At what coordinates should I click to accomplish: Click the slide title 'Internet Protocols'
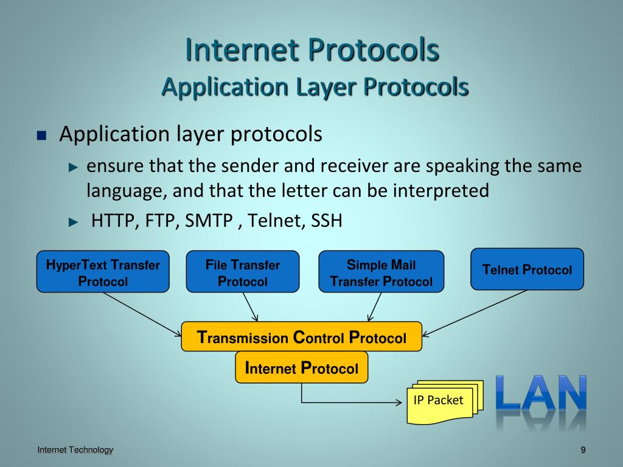(312, 50)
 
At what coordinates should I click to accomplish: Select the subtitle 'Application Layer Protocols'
(315, 87)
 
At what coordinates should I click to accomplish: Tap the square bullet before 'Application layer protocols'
(42, 136)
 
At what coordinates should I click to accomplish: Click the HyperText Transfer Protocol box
(103, 272)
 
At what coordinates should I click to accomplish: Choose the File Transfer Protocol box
(242, 272)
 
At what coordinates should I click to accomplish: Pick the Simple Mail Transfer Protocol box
(381, 272)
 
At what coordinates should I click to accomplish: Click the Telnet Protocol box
(527, 269)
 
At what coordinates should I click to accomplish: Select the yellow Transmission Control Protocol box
(302, 337)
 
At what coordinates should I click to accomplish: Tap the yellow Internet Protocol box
(302, 368)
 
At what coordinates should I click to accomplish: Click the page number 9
(582, 450)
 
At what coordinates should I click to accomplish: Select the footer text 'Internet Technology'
(75, 450)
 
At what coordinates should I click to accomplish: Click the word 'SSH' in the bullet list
(327, 221)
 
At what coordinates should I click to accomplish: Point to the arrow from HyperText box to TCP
(143, 314)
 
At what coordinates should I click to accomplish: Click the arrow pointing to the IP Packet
(353, 403)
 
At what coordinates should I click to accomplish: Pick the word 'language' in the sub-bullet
(126, 191)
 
